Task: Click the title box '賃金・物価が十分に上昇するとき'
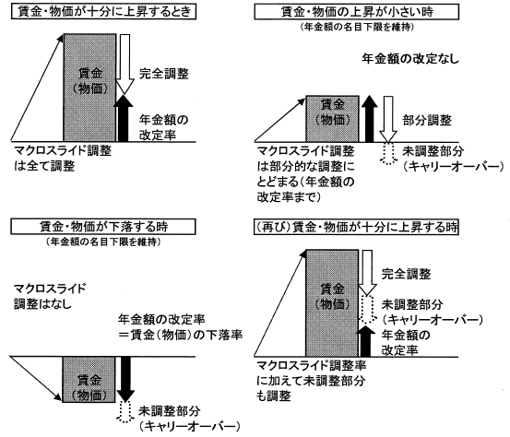coord(103,12)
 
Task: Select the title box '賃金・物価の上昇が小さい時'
coord(356,12)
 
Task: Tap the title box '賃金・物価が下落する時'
coord(103,227)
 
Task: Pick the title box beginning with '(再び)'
coord(356,227)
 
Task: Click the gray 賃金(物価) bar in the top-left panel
coord(89,88)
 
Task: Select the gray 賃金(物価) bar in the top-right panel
coord(332,119)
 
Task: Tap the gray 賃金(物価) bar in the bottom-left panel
coord(89,380)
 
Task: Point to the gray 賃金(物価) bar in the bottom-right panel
coord(332,303)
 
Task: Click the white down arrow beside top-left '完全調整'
coord(125,65)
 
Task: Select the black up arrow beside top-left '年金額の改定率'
coord(124,118)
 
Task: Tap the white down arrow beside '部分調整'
coord(388,119)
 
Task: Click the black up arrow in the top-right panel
coord(369,119)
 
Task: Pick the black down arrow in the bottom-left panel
coord(125,379)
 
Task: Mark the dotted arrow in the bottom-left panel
coord(125,411)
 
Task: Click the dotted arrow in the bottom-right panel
coord(367,310)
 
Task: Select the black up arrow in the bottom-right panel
coord(366,341)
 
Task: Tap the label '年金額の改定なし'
coord(410,59)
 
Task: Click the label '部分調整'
coord(427,120)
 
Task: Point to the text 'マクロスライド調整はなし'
coord(50,297)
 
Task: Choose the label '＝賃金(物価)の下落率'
coord(181,335)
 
